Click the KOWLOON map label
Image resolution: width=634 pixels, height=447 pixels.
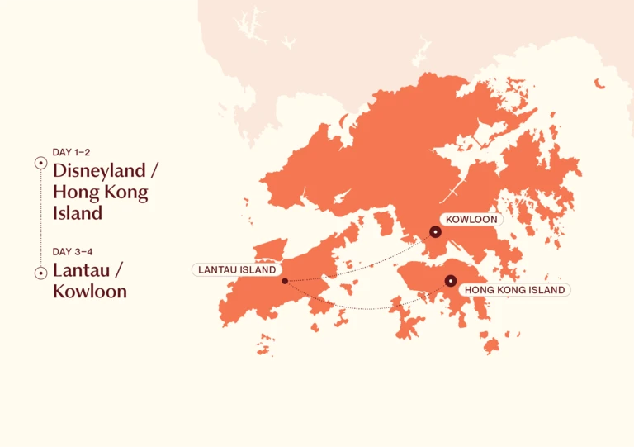471,220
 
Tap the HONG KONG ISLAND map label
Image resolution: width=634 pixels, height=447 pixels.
514,290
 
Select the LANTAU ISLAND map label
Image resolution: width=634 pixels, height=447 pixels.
236,269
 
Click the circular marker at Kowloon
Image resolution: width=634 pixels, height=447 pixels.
435,232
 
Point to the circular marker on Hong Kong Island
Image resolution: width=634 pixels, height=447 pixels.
451,281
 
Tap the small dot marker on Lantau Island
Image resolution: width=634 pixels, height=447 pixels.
284,281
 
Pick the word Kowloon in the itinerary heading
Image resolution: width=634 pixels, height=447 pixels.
89,291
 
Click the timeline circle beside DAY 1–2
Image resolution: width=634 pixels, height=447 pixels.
40,163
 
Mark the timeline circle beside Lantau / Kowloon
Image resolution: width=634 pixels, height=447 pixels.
40,273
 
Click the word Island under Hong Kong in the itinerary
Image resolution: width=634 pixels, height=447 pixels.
78,212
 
